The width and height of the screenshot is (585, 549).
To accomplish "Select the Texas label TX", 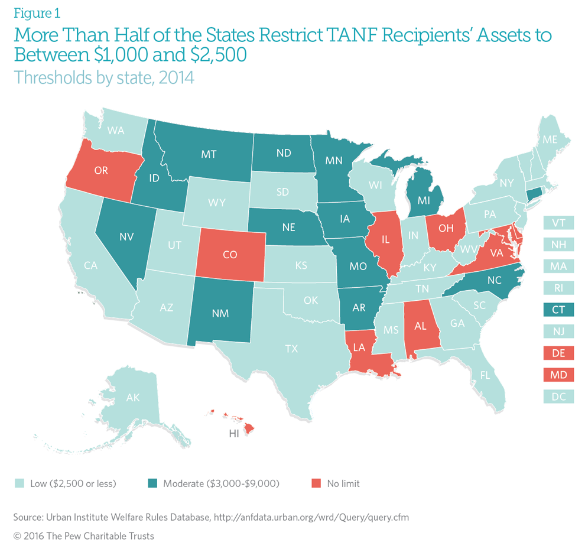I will click(x=291, y=349).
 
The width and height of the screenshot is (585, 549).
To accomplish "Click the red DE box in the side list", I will click(x=558, y=353).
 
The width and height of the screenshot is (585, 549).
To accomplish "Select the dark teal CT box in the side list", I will click(x=558, y=310).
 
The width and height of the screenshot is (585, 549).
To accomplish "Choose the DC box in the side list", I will click(x=558, y=397).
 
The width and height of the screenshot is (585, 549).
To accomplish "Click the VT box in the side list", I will click(x=558, y=222).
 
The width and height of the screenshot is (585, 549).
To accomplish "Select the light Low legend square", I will click(x=18, y=483).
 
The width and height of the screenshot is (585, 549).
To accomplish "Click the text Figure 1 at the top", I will click(x=37, y=13).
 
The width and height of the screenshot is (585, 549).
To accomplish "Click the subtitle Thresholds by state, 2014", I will click(x=104, y=77).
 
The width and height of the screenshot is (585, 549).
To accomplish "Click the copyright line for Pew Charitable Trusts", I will click(x=83, y=535).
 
